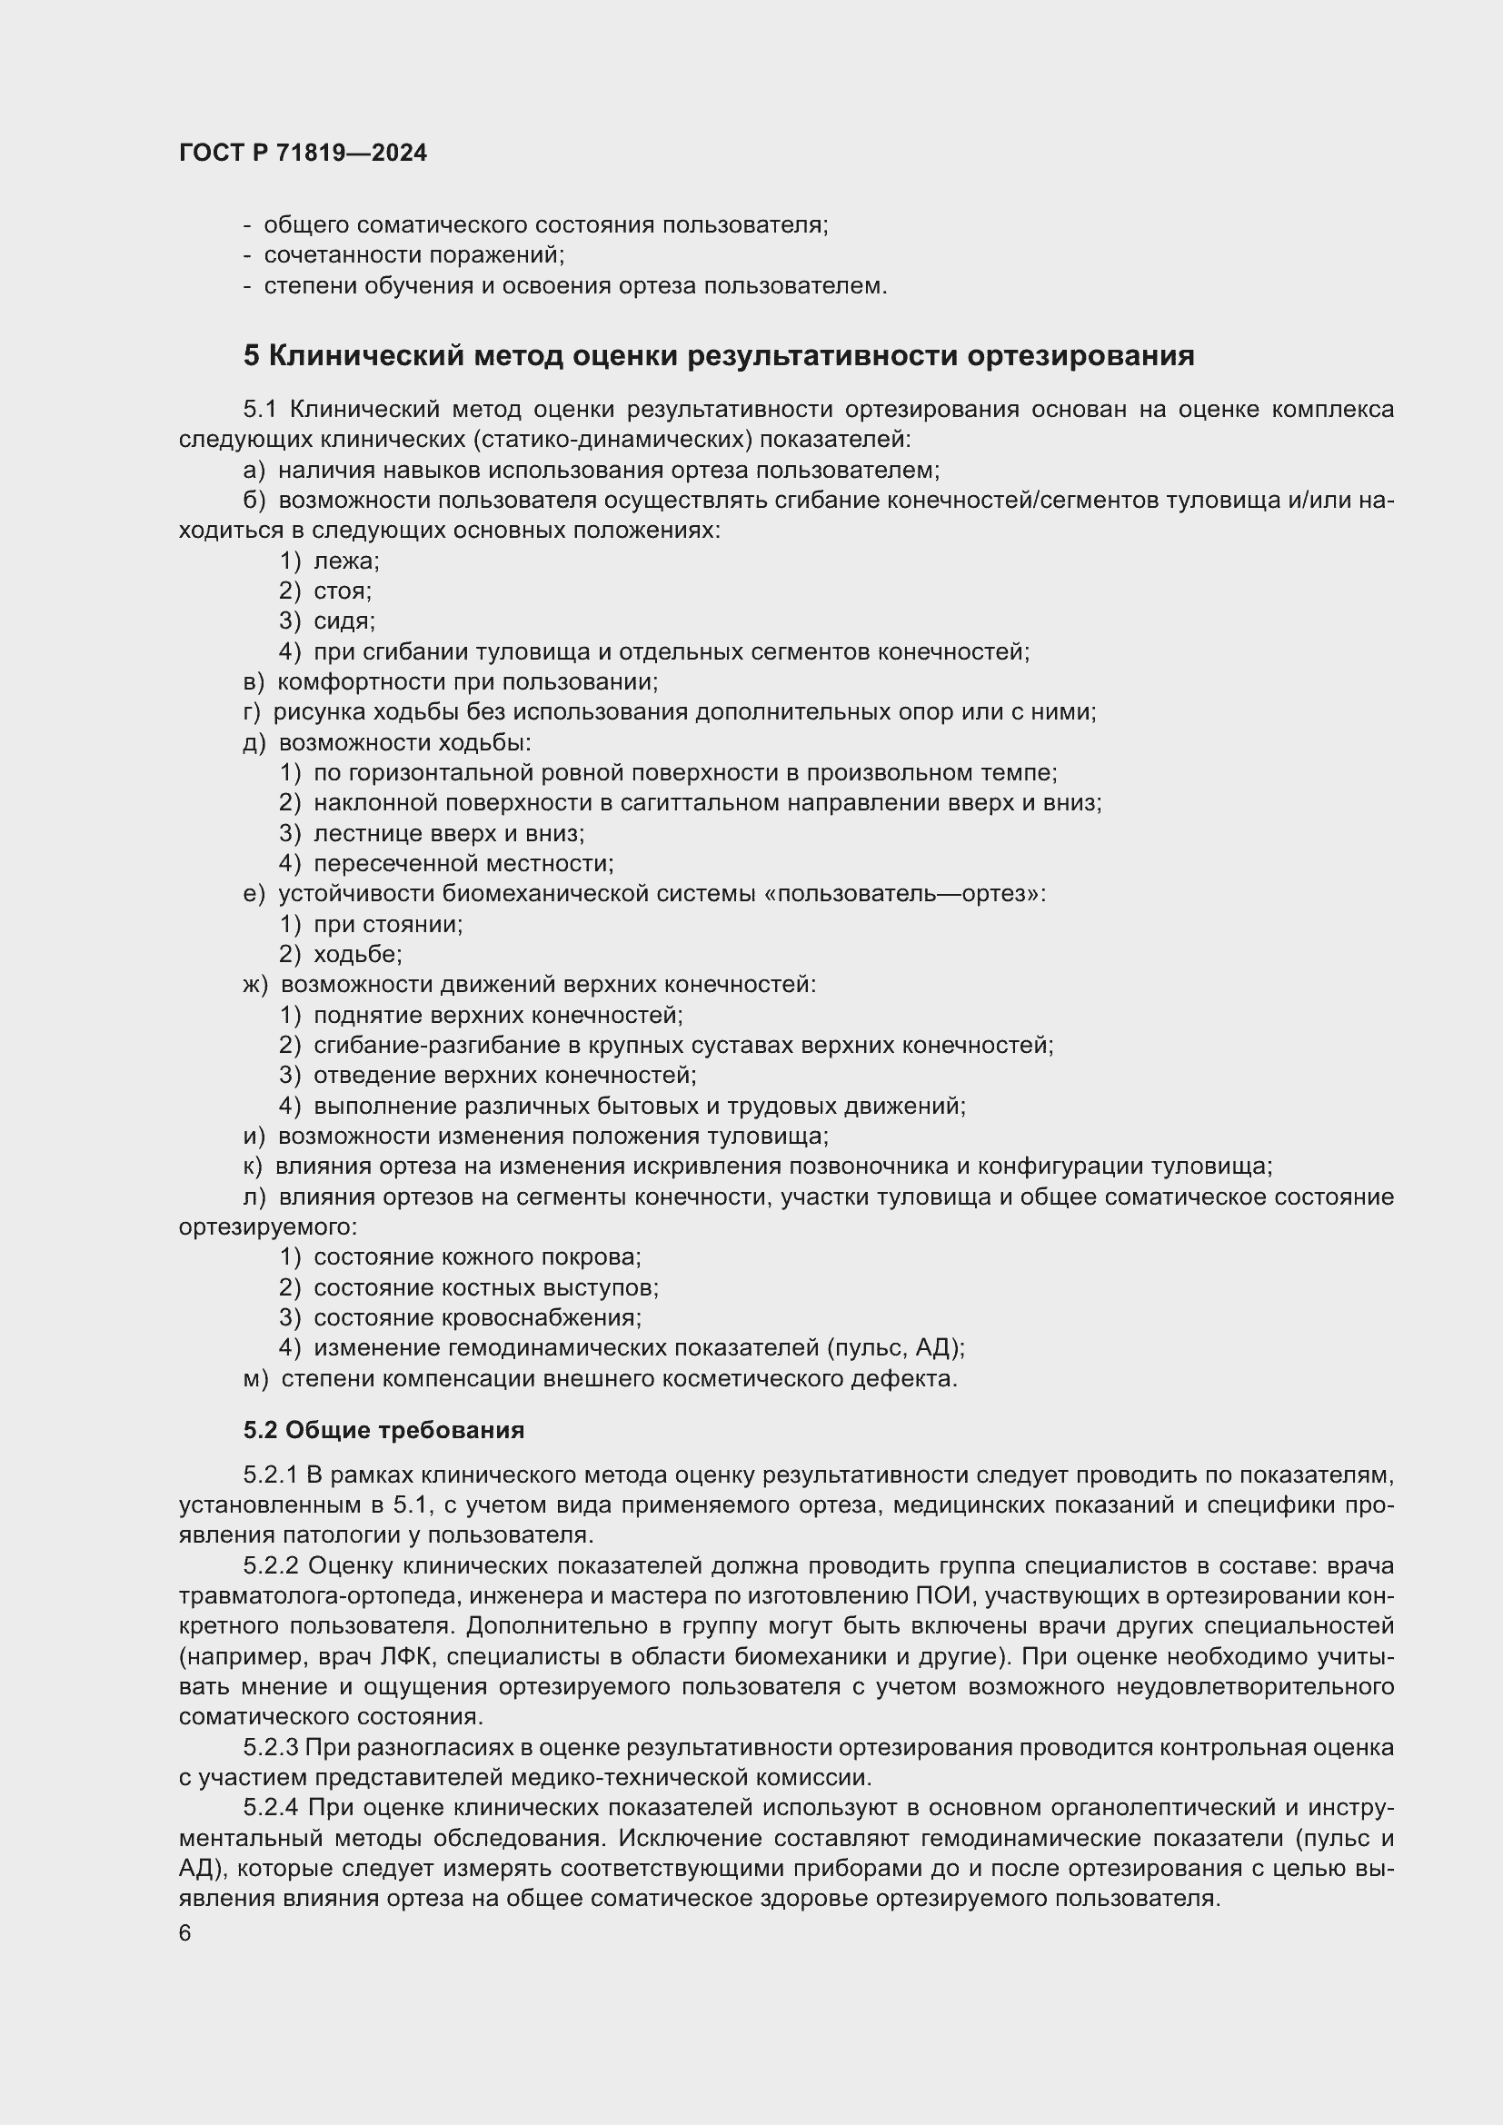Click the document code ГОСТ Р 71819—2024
point(303,154)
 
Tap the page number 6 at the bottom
point(185,1933)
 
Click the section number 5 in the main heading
point(251,355)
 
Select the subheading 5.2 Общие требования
point(383,1430)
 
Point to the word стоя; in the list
point(343,591)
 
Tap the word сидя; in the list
point(344,621)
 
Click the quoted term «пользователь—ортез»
point(903,894)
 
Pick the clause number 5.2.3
point(271,1747)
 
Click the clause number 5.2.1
point(271,1475)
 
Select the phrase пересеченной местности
point(463,863)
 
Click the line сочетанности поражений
point(413,255)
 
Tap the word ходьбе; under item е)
point(357,954)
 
